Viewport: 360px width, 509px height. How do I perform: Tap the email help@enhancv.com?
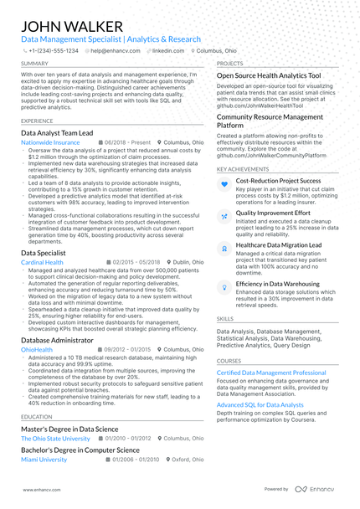click(113, 51)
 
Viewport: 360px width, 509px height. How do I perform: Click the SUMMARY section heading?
click(34, 64)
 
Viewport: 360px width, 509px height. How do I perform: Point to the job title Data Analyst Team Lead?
click(63, 132)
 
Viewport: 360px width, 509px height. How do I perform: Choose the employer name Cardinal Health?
click(42, 262)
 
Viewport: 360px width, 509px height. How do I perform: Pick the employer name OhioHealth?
click(37, 350)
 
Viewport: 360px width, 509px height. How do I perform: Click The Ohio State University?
click(55, 439)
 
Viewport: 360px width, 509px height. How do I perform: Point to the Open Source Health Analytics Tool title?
click(269, 75)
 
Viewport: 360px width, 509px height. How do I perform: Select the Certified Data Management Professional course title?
click(271, 373)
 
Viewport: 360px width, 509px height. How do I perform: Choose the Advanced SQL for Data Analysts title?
click(260, 404)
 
